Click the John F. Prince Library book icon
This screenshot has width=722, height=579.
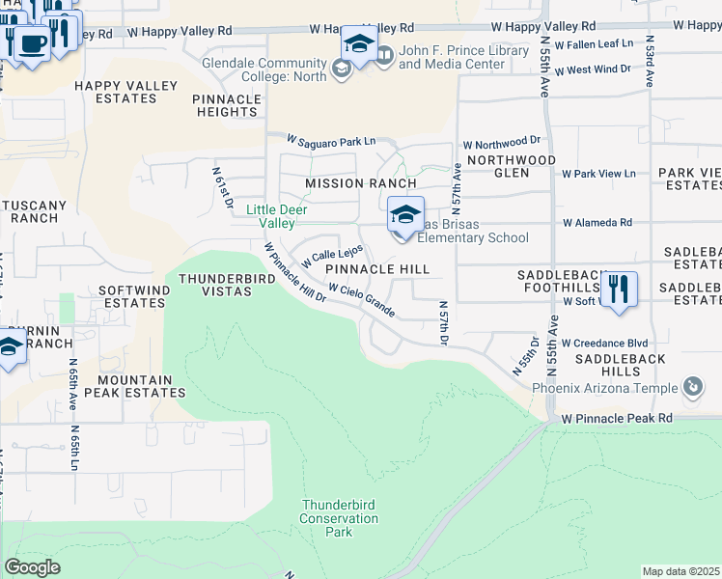pos(385,56)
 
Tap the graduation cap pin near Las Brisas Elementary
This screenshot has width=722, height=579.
pos(405,216)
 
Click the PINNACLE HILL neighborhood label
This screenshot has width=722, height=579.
pos(376,269)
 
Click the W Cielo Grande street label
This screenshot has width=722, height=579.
pos(362,300)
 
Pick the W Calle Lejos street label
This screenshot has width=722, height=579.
pos(331,257)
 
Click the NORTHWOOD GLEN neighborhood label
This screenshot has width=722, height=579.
pos(511,166)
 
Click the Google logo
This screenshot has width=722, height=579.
pos(32,567)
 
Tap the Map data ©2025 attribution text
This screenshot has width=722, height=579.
pos(680,571)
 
